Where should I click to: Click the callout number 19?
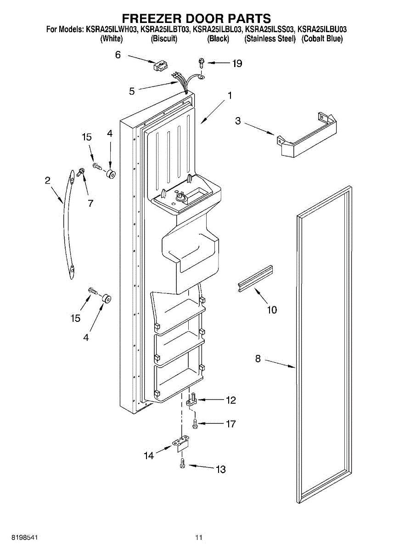(237, 63)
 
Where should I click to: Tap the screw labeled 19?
(202, 62)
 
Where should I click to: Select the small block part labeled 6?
(161, 66)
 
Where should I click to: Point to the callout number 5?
(132, 91)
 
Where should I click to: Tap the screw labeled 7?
(80, 172)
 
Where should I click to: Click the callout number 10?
(272, 310)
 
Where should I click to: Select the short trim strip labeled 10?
(255, 278)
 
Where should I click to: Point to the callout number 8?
(258, 359)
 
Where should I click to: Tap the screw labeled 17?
(195, 424)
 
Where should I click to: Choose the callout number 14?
(149, 456)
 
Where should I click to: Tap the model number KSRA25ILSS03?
(270, 29)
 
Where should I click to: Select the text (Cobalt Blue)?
(322, 39)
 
